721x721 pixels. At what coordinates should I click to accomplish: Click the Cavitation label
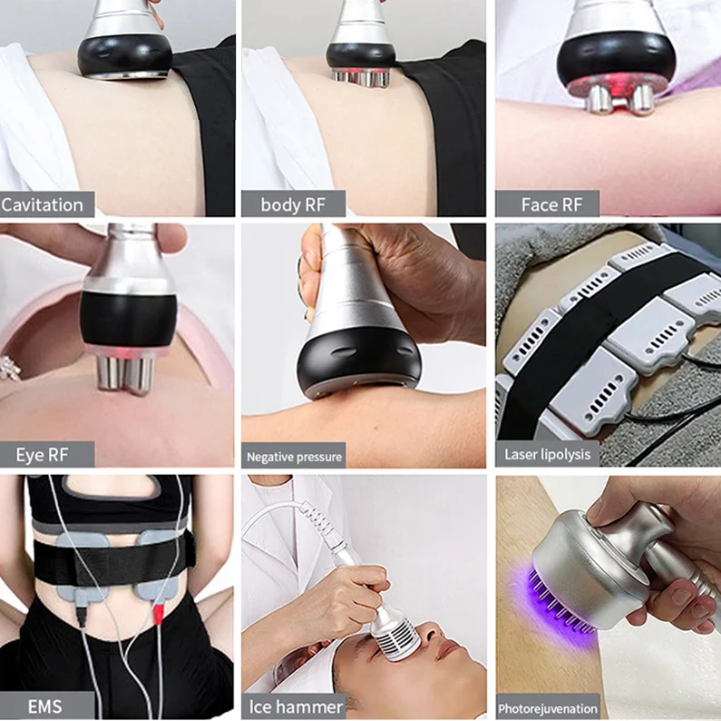point(43,204)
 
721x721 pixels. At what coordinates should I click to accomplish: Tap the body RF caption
point(292,204)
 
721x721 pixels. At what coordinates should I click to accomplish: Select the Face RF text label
point(550,204)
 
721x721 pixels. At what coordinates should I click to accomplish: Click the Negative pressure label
point(294,456)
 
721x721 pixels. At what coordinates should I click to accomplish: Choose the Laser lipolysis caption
point(547,454)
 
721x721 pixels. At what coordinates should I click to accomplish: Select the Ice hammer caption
point(296,706)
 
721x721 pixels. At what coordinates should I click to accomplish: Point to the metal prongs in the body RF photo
point(362,77)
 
